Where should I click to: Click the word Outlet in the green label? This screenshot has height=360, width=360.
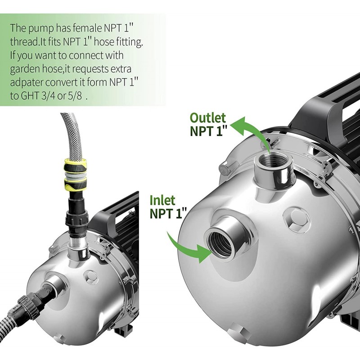click(208, 118)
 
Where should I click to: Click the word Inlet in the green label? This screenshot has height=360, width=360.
click(162, 200)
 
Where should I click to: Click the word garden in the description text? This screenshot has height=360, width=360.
click(23, 70)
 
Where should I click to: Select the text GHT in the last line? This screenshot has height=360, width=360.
click(30, 96)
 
